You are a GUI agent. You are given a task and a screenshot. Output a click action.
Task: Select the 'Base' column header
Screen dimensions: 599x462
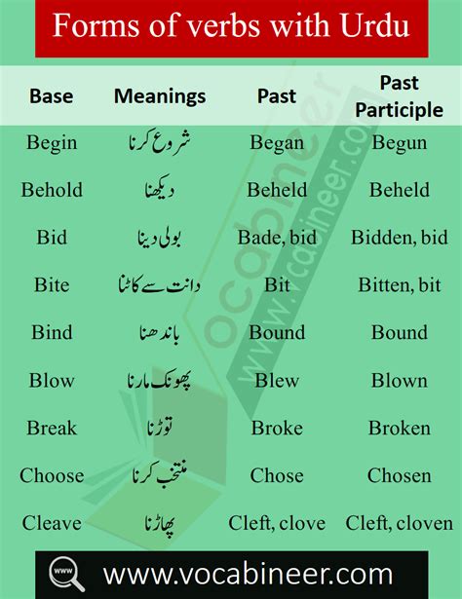[x=51, y=96]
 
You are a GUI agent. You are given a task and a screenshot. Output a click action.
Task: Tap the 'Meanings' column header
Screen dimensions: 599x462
[x=160, y=96]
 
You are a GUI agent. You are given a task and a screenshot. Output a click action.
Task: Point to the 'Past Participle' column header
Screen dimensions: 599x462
[x=399, y=96]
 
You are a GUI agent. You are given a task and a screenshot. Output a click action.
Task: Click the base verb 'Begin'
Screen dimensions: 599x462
[x=52, y=143]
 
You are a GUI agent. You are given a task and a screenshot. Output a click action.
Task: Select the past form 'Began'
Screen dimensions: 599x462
[x=277, y=143]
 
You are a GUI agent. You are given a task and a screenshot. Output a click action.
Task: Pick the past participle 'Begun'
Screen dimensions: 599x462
[x=399, y=143]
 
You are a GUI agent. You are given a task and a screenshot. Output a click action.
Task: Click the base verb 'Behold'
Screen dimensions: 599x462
[x=52, y=190]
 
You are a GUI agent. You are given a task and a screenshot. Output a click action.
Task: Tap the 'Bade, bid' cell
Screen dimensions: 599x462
[x=277, y=238]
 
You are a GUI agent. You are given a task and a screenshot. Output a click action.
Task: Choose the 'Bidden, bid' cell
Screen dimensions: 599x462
[x=399, y=238]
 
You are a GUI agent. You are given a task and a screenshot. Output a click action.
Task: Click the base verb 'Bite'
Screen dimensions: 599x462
[x=52, y=285]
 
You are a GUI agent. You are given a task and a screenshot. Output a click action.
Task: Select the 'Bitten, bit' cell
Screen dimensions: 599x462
[x=399, y=285]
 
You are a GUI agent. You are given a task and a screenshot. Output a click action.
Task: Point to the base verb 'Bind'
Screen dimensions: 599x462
[x=52, y=333]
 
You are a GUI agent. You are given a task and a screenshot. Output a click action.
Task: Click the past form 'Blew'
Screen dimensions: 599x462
[x=277, y=380]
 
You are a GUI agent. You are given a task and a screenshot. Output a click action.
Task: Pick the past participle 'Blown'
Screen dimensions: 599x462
[x=399, y=380]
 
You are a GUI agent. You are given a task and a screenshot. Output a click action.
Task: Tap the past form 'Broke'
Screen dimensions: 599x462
[x=277, y=428]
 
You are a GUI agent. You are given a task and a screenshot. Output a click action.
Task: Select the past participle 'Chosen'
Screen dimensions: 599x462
[x=399, y=475]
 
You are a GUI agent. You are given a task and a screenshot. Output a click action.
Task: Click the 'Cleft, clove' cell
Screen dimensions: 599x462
[x=277, y=523]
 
